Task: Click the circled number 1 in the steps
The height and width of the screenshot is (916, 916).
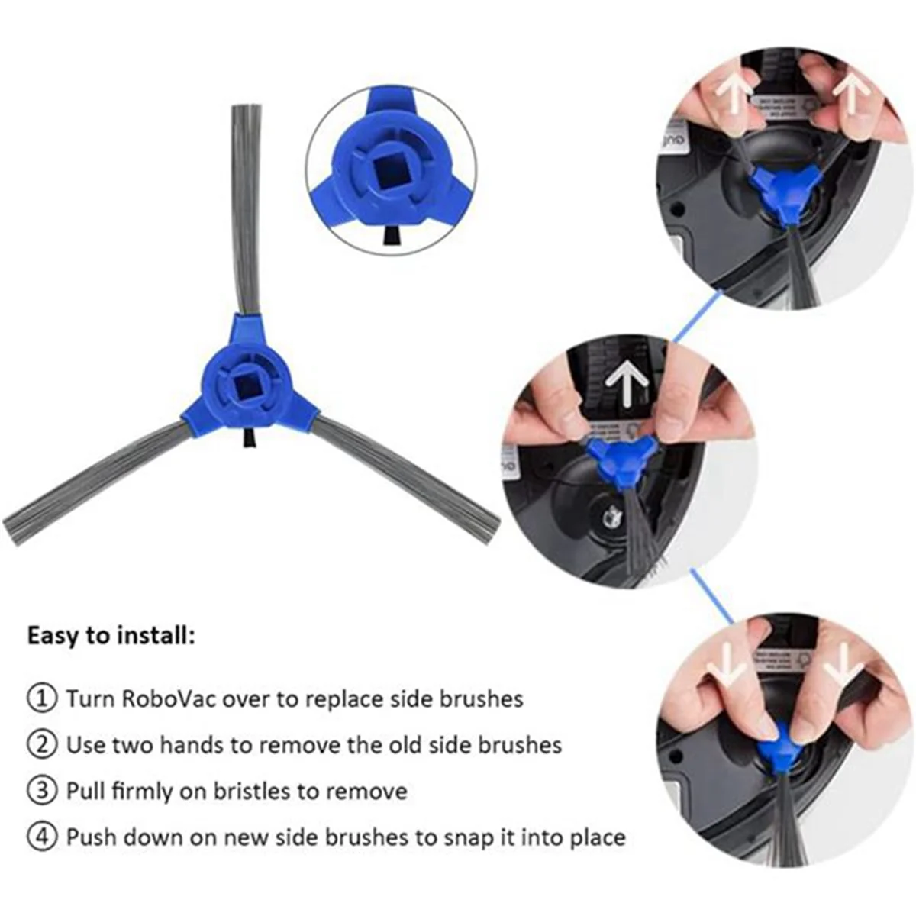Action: point(42,698)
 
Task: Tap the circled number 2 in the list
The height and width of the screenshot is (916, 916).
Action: point(42,744)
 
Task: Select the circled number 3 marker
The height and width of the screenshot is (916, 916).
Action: point(42,791)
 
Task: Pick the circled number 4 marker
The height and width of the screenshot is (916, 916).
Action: point(42,837)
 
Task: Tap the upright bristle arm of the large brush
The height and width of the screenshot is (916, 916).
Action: point(246,206)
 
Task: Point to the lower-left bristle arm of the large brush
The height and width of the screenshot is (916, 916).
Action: point(95,485)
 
